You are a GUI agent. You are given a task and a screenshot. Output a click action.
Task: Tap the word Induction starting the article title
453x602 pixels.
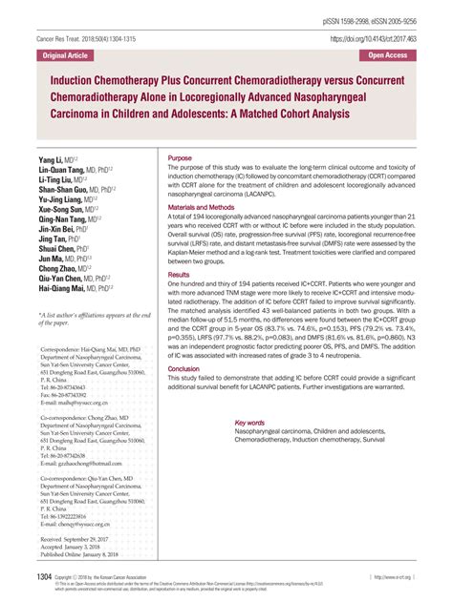[72, 81]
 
